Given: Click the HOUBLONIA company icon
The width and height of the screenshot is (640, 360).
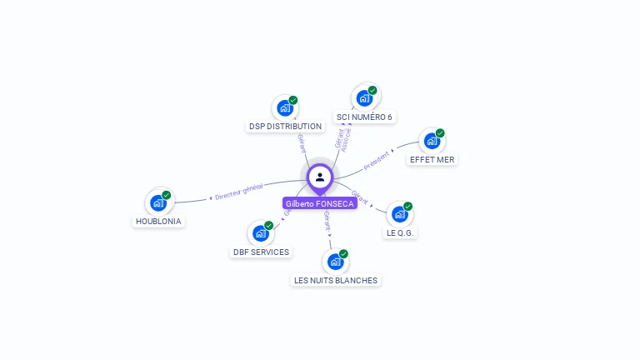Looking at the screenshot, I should (158, 202).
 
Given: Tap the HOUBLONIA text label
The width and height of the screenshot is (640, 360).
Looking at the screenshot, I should (158, 222).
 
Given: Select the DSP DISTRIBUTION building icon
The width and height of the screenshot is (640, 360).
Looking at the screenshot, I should (285, 107).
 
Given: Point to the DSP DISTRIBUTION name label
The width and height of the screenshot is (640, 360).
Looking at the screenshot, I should (285, 127).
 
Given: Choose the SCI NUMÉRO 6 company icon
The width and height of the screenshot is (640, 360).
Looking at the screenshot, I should (364, 97).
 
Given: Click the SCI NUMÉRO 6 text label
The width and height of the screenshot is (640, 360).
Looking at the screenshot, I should (364, 117).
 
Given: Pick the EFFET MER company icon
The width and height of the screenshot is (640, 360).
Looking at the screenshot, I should (432, 140).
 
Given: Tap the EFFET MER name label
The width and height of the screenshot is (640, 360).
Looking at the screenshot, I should (432, 159).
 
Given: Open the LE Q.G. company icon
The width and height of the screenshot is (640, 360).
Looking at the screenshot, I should (400, 213).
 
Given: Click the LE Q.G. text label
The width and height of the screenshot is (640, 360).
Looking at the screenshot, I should (401, 232).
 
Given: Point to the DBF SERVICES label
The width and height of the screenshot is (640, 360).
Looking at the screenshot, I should (261, 252).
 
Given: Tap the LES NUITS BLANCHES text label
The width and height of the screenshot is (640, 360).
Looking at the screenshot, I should (336, 281).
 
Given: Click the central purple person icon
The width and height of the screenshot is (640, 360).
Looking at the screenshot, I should (320, 177).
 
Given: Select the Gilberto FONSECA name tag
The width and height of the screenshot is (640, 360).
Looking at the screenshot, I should (320, 203).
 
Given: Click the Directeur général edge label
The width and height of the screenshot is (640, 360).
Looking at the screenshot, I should (239, 192).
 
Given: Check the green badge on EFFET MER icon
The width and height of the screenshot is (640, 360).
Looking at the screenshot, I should (440, 132).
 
